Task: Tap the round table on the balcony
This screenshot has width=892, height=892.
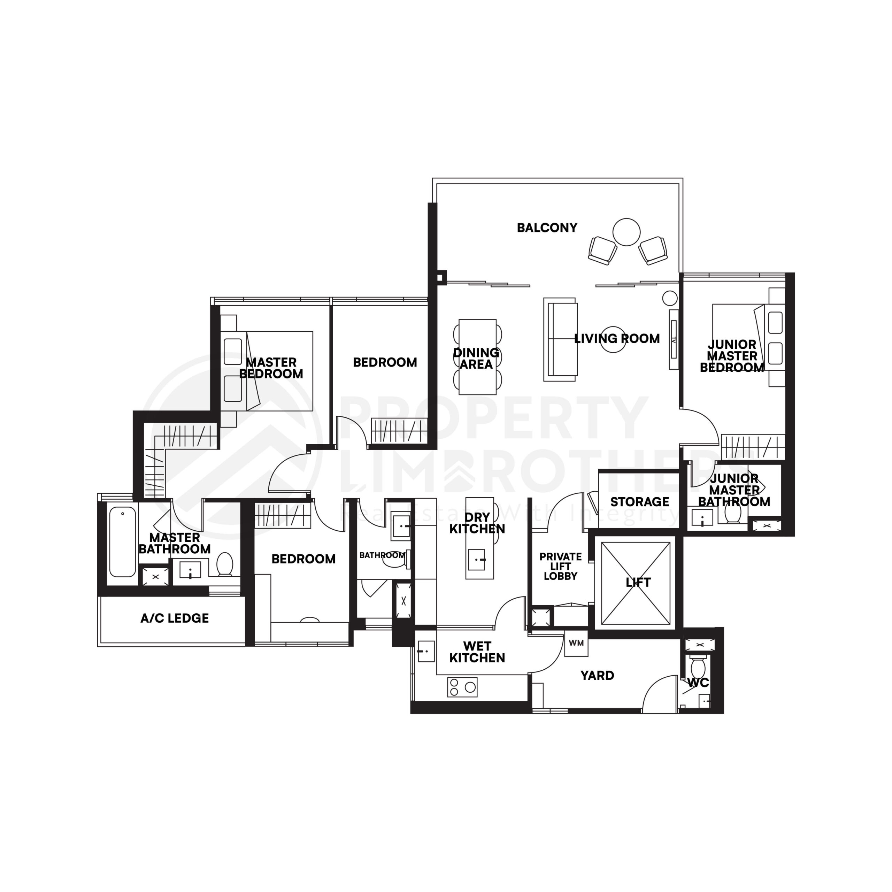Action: [x=626, y=232]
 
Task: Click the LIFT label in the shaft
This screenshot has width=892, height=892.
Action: [x=638, y=583]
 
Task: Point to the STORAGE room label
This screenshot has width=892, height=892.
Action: [x=639, y=502]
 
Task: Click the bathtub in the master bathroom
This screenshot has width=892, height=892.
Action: [x=122, y=542]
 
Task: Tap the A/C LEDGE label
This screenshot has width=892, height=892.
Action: [x=175, y=618]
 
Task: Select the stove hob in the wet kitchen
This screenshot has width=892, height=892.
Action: [x=462, y=687]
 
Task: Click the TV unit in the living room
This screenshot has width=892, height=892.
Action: [x=674, y=339]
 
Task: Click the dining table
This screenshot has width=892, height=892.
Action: [x=477, y=357]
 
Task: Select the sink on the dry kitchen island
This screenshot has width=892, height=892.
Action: [x=476, y=560]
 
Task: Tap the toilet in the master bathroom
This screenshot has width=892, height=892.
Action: [x=225, y=564]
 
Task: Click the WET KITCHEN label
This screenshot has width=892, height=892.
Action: [x=477, y=652]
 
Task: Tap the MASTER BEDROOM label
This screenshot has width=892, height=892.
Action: [x=271, y=368]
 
